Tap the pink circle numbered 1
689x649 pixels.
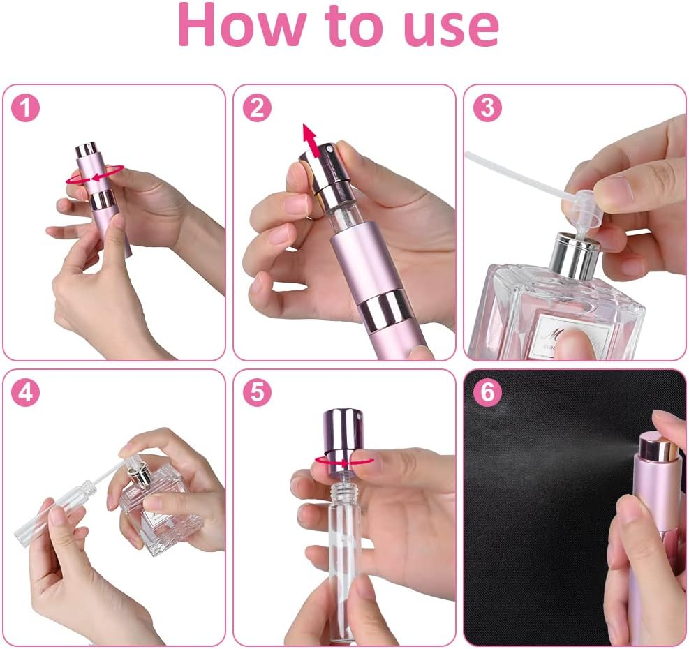27,107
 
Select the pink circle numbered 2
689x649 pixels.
257,107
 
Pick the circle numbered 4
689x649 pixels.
27,393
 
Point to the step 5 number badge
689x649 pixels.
257,393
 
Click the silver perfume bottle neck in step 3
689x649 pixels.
574,254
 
